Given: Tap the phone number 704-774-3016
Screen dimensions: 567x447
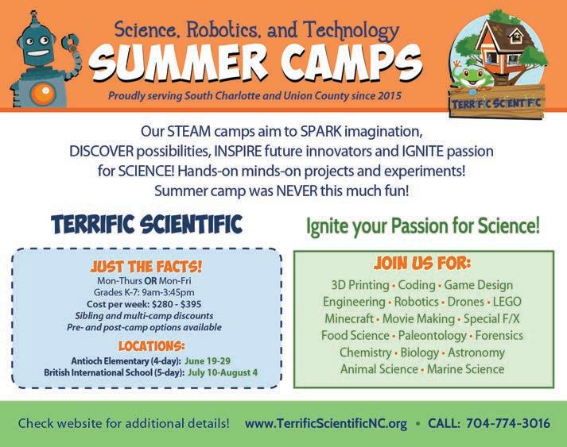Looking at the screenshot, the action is [508, 423].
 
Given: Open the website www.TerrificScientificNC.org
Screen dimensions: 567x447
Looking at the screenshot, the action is [326, 423].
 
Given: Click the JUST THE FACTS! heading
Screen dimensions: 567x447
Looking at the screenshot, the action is [146, 267].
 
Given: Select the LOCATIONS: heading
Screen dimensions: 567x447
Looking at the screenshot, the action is [152, 346].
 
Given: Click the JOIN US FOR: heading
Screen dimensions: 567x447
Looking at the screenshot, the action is [422, 264].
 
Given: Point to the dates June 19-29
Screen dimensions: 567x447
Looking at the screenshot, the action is [208, 360].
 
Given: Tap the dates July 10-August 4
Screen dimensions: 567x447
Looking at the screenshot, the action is [223, 372].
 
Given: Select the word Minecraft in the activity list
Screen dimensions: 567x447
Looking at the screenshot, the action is [349, 318].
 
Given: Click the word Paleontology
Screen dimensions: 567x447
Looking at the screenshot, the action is [432, 336].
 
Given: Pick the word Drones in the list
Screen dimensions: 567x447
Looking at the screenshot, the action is [466, 302].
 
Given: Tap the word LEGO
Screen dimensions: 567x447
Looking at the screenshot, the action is [507, 302].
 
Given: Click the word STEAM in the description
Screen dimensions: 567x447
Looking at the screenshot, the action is [188, 132].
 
